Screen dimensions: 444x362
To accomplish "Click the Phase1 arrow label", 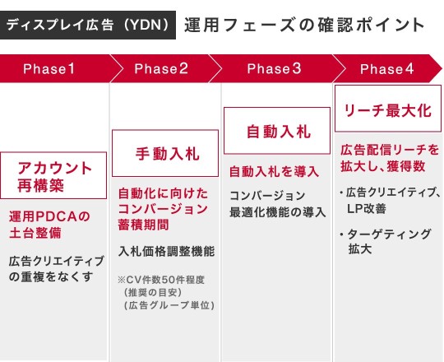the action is [49, 69].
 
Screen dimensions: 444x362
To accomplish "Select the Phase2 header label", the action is [161, 69].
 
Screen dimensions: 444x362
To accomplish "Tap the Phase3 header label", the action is [274, 69].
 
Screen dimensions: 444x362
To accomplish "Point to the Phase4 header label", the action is [386, 69].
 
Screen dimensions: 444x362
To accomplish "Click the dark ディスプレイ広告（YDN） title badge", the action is [88, 25].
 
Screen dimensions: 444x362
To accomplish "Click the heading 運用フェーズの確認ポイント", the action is [304, 25].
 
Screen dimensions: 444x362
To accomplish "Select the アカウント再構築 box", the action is [53, 175].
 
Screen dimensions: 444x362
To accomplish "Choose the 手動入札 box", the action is [165, 153].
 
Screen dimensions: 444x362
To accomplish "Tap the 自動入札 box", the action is [277, 131].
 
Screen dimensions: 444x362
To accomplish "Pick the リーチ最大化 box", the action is [388, 109].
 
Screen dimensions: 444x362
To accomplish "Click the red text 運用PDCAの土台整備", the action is [49, 225].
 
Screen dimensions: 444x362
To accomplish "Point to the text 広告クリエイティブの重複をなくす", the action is [57, 269].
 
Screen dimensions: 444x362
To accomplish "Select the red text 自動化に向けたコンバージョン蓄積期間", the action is [163, 209].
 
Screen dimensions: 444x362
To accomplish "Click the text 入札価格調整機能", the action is [166, 251].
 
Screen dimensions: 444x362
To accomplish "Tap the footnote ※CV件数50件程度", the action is [161, 280].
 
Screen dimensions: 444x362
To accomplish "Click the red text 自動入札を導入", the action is [274, 172].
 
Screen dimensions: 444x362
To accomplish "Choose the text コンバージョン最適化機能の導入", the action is [278, 204].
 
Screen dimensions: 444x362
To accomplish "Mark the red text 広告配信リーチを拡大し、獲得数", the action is [390, 158].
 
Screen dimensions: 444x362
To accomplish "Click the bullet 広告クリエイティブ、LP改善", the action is [391, 201].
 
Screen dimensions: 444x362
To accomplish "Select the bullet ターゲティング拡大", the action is [386, 242].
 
